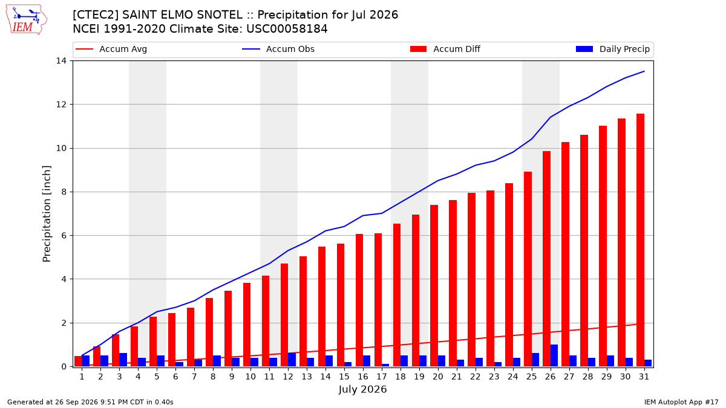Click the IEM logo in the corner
click(x=27, y=20)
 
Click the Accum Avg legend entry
click(x=111, y=49)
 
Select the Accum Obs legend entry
click(x=278, y=49)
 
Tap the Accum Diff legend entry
click(x=445, y=49)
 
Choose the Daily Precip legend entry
click(x=612, y=49)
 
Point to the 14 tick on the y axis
click(x=61, y=61)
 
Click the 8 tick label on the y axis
click(x=64, y=192)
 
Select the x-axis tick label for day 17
click(x=382, y=377)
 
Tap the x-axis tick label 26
click(x=550, y=377)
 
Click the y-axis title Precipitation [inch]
click(x=47, y=214)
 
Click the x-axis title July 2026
click(x=362, y=389)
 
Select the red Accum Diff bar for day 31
click(x=640, y=241)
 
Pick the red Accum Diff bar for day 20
click(x=434, y=286)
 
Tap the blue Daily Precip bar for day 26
click(x=554, y=355)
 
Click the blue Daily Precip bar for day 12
click(x=292, y=360)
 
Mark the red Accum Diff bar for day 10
click(x=247, y=325)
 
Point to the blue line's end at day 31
click(x=644, y=71)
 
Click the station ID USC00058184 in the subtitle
click(x=287, y=29)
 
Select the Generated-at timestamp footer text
click(x=90, y=402)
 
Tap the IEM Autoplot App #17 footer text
click(x=681, y=402)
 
